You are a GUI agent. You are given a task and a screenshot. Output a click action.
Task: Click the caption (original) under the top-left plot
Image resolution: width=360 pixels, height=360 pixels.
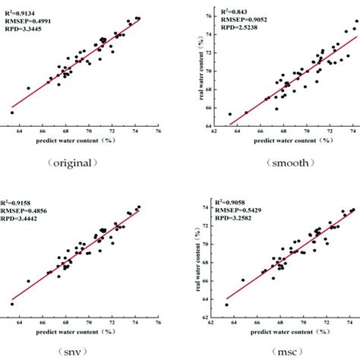(x=70, y=163)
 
